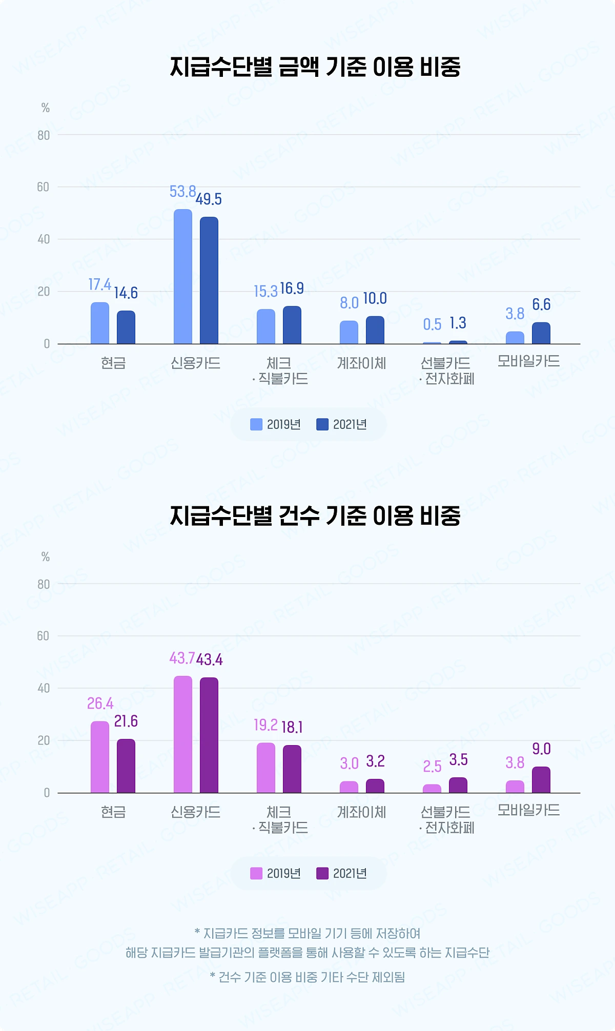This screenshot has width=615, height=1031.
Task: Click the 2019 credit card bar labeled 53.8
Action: tap(183, 277)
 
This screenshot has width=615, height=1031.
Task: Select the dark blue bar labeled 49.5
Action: tap(209, 280)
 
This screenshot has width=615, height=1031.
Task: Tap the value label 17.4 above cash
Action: tap(99, 284)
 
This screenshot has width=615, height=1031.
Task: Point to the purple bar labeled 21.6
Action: tap(126, 766)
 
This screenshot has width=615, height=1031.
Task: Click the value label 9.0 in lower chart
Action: tap(541, 749)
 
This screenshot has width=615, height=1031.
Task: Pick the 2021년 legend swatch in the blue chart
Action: tap(322, 424)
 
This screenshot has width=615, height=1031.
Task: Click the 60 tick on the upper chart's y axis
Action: tap(43, 187)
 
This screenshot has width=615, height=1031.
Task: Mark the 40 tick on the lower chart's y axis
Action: tap(43, 688)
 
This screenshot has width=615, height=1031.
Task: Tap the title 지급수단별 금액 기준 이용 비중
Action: tap(315, 67)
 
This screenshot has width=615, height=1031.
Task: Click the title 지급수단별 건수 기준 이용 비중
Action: tap(315, 515)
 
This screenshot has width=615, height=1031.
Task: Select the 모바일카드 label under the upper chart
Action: tap(528, 361)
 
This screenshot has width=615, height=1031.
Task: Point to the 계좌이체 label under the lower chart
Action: tap(361, 812)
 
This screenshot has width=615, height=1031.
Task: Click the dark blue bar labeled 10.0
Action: tap(375, 330)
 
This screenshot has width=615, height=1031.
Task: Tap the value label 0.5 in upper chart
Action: tap(432, 324)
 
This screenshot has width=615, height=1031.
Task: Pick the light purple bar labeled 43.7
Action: tap(183, 734)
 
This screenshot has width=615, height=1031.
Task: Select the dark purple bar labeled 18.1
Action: tap(292, 769)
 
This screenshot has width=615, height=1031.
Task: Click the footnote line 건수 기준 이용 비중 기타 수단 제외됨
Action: tap(307, 977)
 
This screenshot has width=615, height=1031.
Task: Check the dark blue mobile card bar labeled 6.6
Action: tap(541, 333)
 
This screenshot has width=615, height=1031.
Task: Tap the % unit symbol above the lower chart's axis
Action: tap(46, 557)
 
